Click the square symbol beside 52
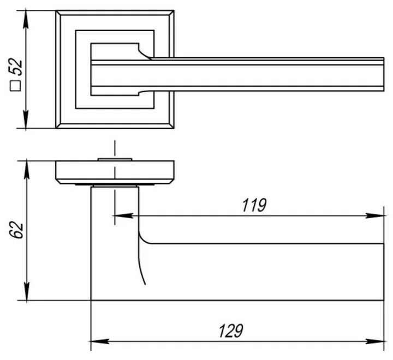click(16, 86)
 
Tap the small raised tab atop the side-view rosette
click(115, 159)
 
